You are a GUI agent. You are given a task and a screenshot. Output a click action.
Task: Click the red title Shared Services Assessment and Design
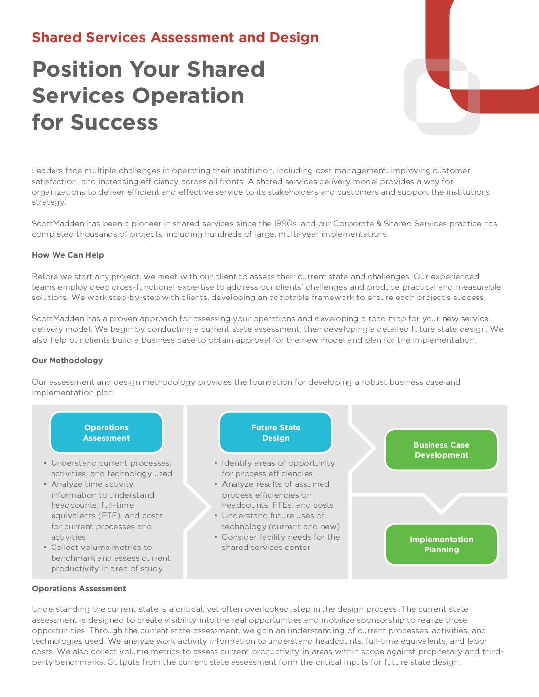pos(175,38)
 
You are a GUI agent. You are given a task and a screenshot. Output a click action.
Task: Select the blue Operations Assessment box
pos(107,433)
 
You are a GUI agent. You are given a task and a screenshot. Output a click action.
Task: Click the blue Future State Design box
pos(275,433)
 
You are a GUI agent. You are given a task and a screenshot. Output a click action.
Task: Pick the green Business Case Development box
pos(441,450)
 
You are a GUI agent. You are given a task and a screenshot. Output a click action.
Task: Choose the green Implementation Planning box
pos(441,545)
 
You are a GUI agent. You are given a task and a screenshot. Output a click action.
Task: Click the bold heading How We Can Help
pos(68,255)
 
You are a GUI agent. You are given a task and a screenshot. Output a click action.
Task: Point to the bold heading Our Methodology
pos(67,361)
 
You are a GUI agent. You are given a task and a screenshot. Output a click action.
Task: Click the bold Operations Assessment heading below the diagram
pos(79,589)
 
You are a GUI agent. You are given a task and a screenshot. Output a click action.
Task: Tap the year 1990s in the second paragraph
pos(286,224)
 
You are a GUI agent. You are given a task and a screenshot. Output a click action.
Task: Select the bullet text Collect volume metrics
pos(101,548)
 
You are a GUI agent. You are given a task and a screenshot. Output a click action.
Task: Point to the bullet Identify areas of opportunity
pos(278,463)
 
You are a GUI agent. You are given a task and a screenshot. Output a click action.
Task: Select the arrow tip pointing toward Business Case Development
pos(369,448)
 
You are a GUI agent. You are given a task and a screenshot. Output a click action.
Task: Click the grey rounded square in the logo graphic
pos(436,92)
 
